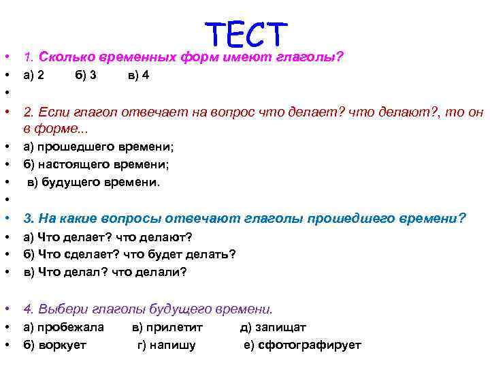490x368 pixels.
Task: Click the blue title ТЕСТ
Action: click(x=246, y=34)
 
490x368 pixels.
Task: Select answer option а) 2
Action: click(x=34, y=76)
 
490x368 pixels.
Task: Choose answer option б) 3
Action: click(x=85, y=76)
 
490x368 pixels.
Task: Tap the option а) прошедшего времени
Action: click(x=98, y=147)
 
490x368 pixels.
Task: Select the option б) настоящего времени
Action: click(x=96, y=164)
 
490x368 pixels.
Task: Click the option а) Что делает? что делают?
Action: click(x=108, y=236)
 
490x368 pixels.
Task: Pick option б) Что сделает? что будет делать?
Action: click(x=129, y=254)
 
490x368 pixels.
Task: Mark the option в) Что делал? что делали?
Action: click(x=105, y=272)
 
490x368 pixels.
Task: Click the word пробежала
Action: click(x=71, y=327)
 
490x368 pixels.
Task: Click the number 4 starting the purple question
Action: click(x=27, y=308)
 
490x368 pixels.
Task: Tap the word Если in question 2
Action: click(x=50, y=112)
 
